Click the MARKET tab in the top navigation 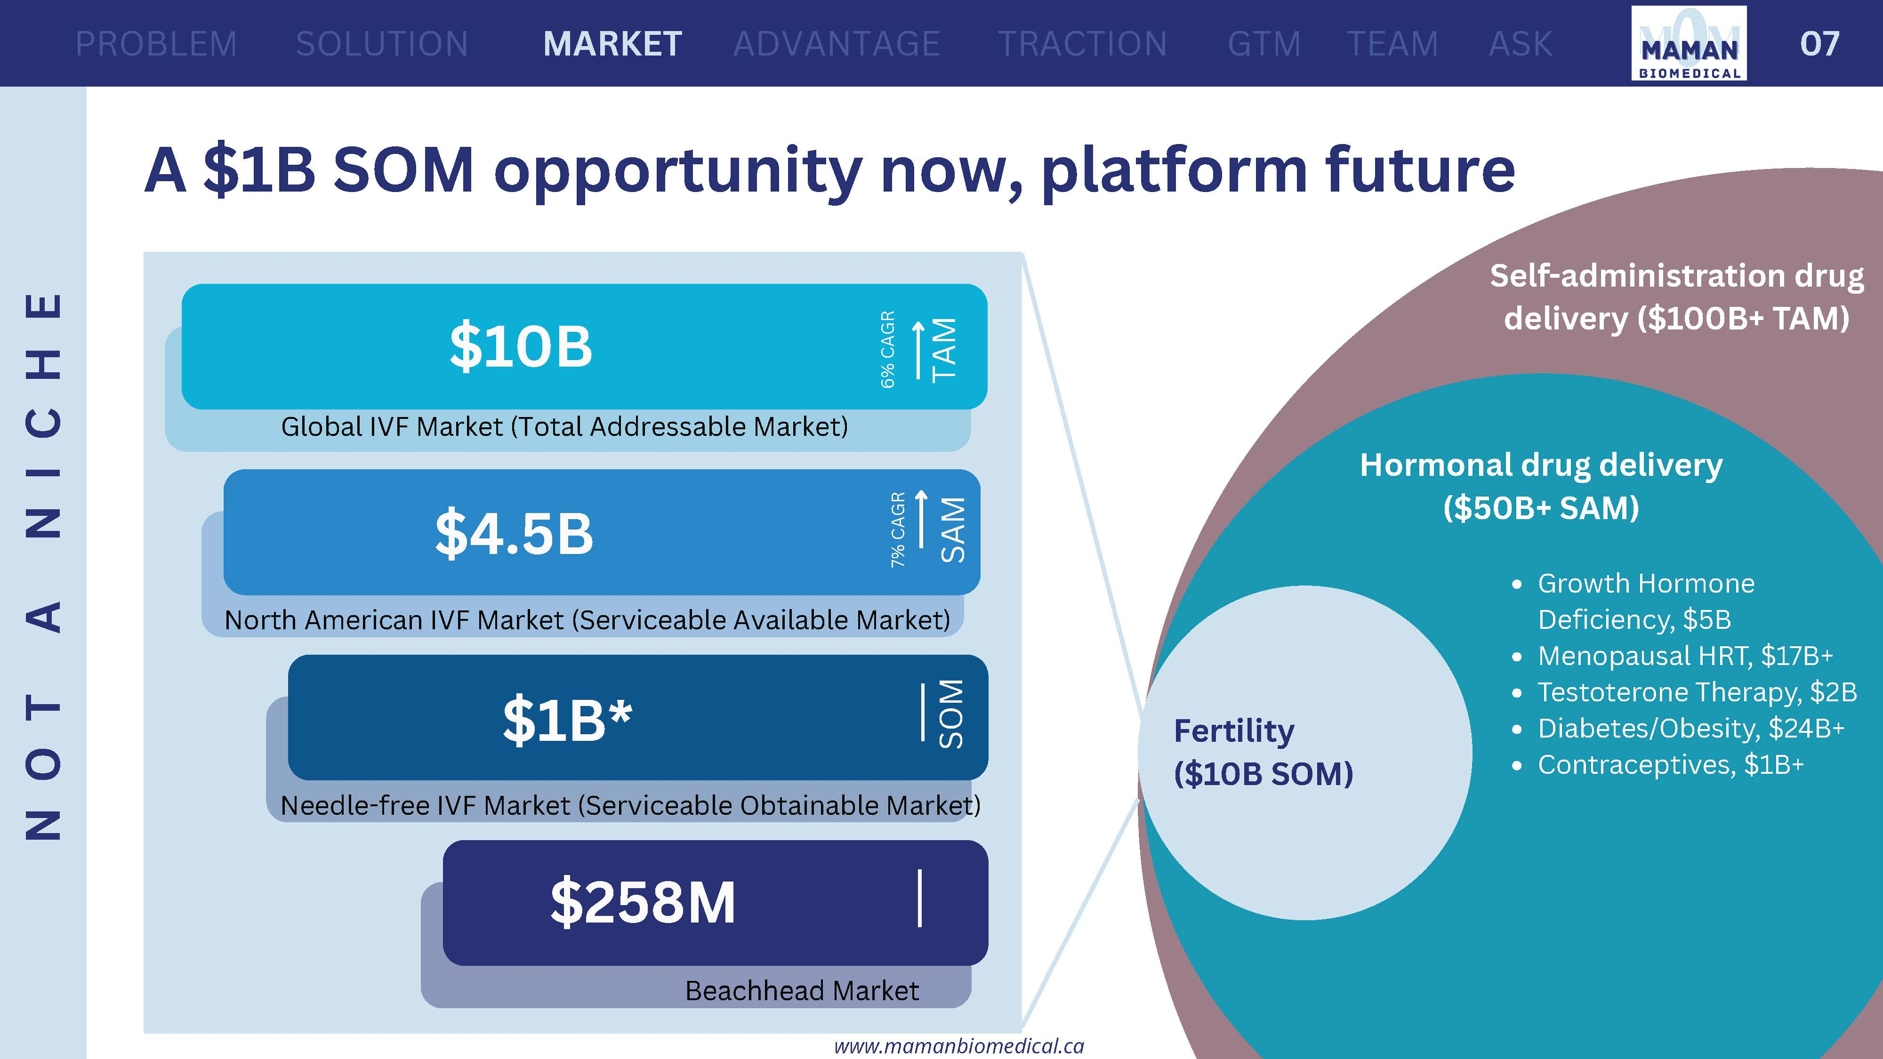[x=612, y=44]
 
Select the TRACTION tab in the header [x=1083, y=44]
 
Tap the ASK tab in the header [x=1521, y=44]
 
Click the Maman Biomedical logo [x=1689, y=43]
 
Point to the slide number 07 [x=1819, y=44]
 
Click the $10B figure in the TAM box [x=521, y=346]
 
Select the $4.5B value [x=514, y=533]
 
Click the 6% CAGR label [x=887, y=349]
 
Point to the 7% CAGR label [x=898, y=530]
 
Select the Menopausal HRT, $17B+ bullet [x=1685, y=656]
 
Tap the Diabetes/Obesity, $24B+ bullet [x=1691, y=728]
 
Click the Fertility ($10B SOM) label [x=1263, y=752]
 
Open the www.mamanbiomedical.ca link [x=959, y=1046]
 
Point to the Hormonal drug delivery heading [x=1541, y=465]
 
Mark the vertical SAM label [x=952, y=530]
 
